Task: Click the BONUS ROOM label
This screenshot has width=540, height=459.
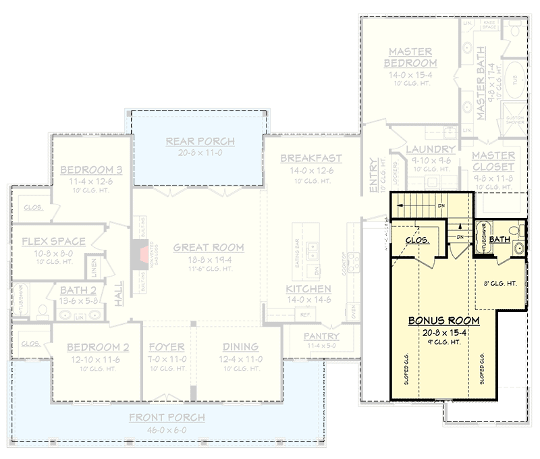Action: (x=443, y=320)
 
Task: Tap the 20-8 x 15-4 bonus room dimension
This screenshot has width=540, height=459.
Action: (x=443, y=332)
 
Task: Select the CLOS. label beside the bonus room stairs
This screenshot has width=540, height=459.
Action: (x=418, y=240)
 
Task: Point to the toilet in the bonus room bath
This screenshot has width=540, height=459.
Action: (x=514, y=232)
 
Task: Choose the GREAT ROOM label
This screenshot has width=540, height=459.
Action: (x=209, y=248)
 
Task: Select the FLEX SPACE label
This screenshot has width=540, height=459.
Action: (x=53, y=241)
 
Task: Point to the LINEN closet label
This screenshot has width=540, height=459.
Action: (x=95, y=268)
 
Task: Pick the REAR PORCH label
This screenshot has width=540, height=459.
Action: (x=200, y=141)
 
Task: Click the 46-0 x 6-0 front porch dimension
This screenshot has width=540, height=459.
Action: (x=167, y=429)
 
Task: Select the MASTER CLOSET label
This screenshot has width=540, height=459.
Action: (x=493, y=161)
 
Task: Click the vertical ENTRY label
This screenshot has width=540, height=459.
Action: (x=373, y=177)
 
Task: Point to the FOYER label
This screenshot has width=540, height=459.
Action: (x=167, y=348)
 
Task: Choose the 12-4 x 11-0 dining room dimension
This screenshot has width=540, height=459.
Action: (x=242, y=359)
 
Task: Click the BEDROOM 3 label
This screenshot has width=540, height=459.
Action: (x=91, y=169)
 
